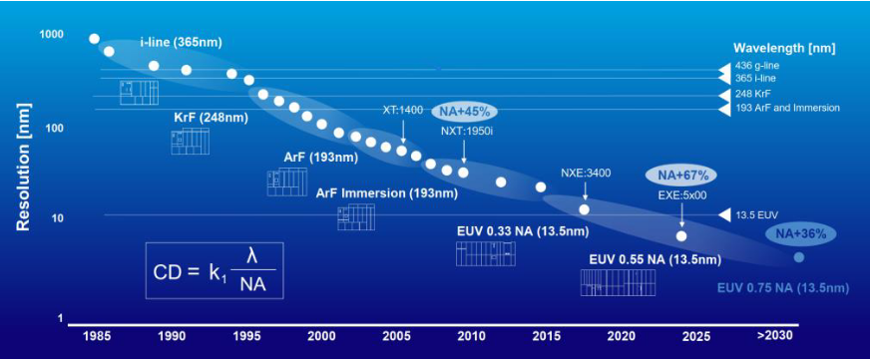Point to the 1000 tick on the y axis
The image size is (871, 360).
pos(51,35)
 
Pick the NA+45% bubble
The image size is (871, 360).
pos(464,111)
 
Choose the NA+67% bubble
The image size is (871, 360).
pos(682,175)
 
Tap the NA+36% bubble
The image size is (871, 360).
pos(802,233)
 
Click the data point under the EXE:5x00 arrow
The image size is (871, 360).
pos(681,236)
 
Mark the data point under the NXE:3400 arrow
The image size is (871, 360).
pos(585,209)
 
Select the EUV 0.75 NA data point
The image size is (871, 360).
pos(798,257)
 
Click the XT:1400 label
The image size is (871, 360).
pos(404,111)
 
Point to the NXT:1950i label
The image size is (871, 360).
pos(465,130)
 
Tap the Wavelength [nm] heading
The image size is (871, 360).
pos(784,47)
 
